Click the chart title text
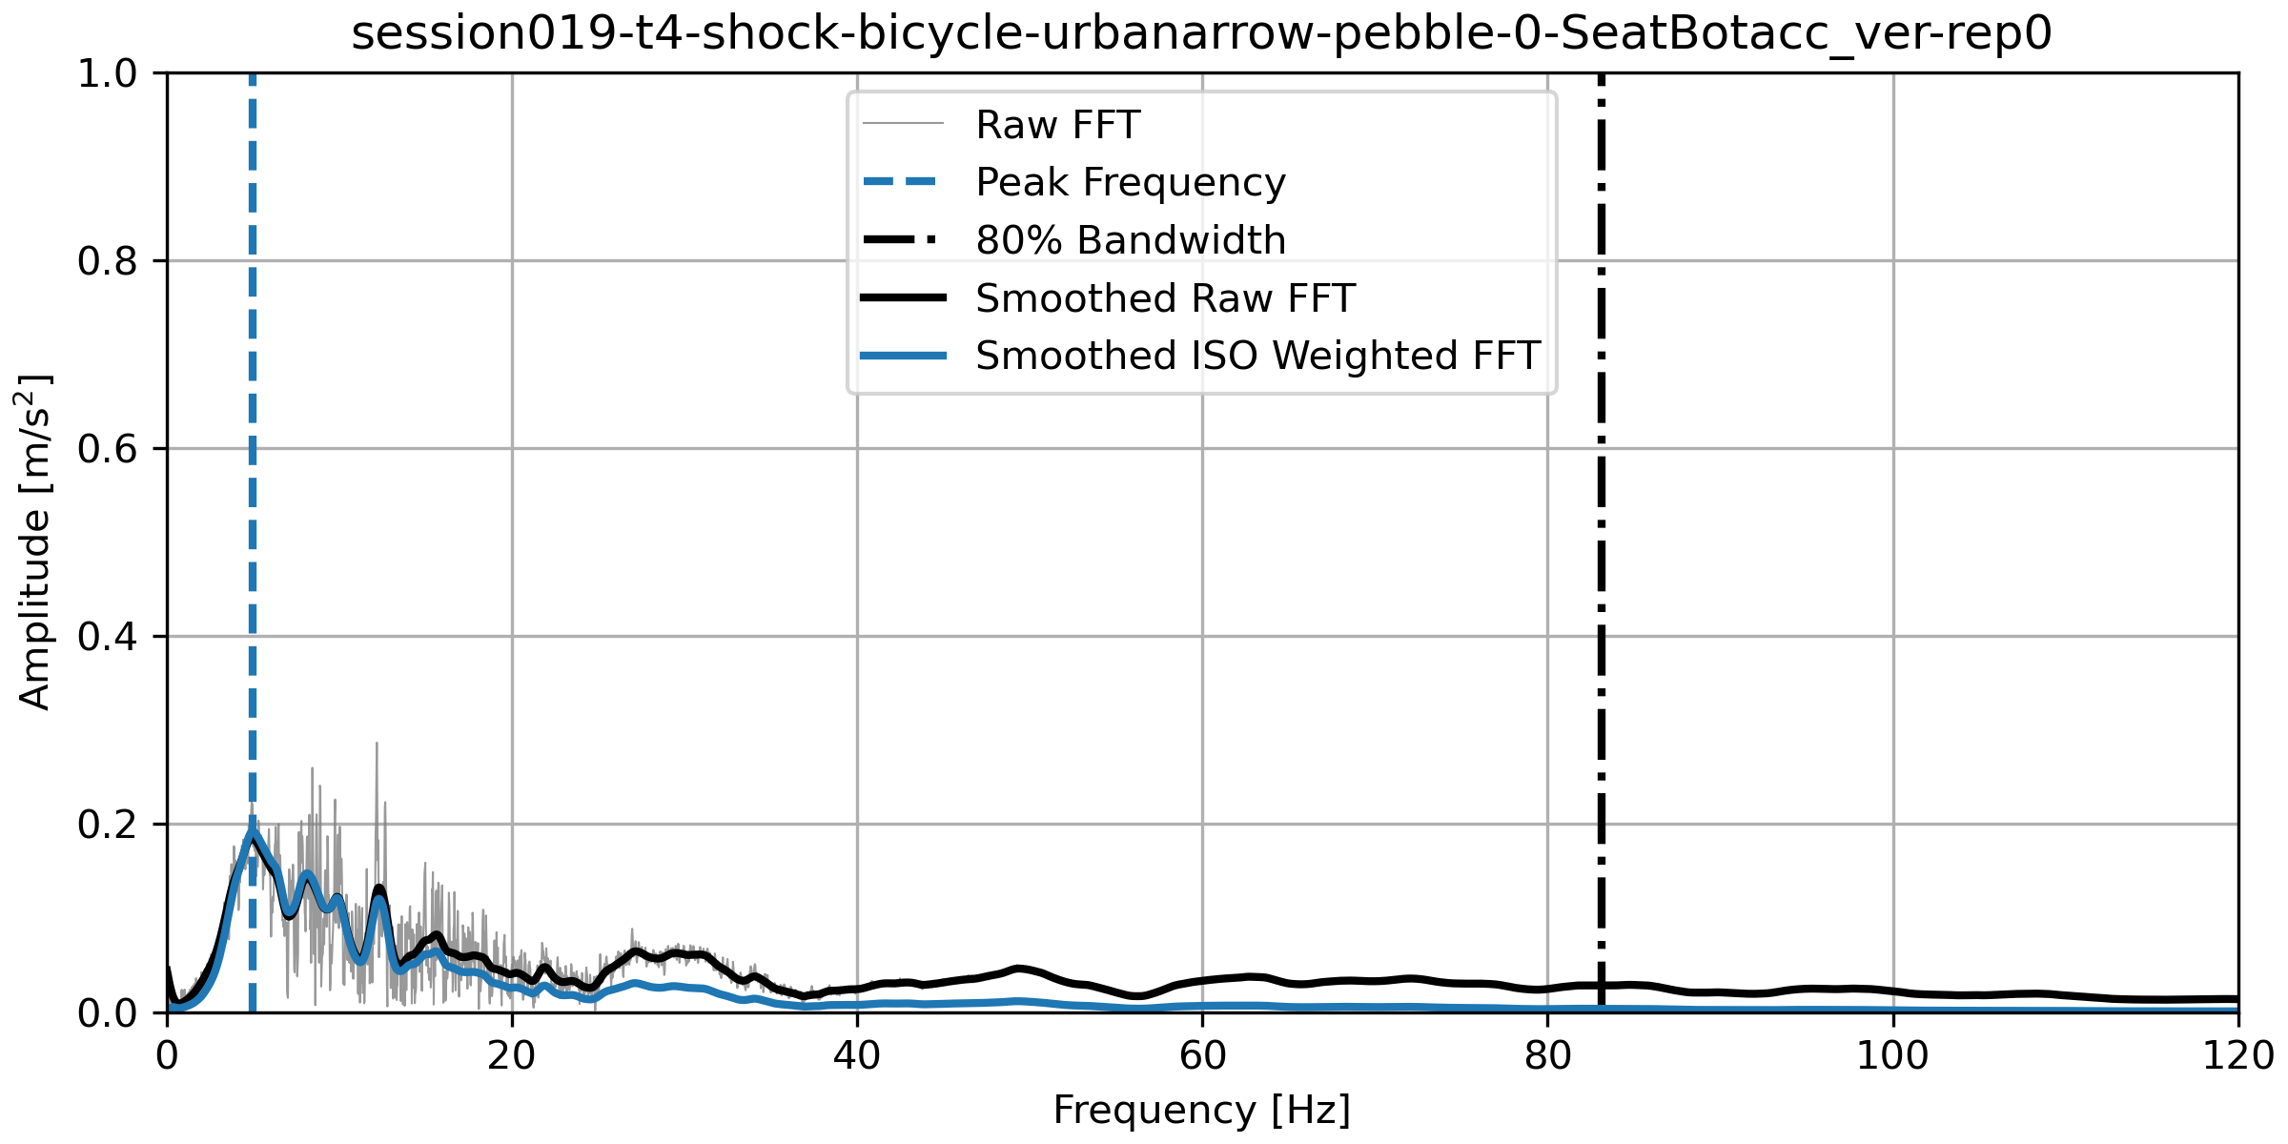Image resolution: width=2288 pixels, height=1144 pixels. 1201,33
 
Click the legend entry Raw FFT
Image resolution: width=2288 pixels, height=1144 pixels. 1057,125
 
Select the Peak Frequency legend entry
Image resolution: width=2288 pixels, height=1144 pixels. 1130,182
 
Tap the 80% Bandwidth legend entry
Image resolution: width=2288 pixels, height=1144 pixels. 1130,240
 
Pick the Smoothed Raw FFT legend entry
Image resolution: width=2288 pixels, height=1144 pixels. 1164,298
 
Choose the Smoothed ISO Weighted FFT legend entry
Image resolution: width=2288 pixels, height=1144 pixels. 1256,356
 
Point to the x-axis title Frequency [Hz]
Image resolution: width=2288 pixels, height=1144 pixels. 1201,1111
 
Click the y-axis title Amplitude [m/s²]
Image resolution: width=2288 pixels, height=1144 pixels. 34,541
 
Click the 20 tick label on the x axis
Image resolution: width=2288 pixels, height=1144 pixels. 512,1056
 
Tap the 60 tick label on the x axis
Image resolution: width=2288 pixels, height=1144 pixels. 1202,1056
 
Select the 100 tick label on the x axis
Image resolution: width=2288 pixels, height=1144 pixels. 1892,1056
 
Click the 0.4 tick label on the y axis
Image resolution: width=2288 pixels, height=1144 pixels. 107,637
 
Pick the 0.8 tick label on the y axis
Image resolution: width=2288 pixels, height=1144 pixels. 107,261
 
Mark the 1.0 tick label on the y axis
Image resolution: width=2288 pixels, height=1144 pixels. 107,73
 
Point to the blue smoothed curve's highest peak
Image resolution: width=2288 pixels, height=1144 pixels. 253,831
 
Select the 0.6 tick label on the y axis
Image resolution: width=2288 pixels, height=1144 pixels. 107,449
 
